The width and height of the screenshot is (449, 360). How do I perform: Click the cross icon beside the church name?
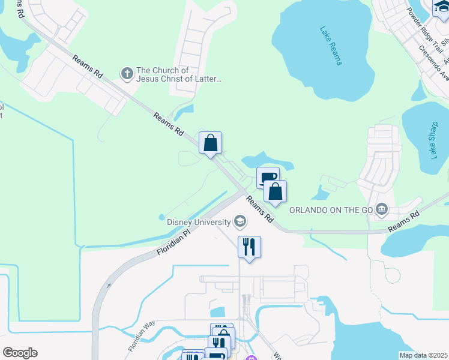click(127, 74)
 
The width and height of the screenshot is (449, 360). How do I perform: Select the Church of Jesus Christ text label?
click(179, 74)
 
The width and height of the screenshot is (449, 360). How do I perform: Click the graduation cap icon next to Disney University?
click(240, 222)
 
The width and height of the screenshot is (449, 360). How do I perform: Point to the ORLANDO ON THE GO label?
click(331, 210)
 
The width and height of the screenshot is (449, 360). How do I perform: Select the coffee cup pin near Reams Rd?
click(267, 177)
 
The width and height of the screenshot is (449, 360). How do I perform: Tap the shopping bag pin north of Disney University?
click(210, 143)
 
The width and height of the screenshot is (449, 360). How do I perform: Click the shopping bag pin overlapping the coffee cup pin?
click(276, 192)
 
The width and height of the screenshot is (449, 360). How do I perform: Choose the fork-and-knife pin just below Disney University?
click(249, 247)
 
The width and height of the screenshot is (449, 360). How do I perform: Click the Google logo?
click(20, 353)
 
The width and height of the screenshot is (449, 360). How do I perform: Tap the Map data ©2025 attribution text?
click(423, 355)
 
